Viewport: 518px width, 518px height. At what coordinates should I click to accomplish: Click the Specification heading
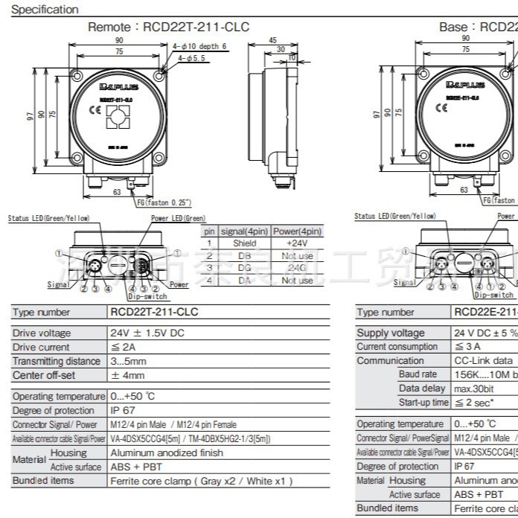(x=45, y=10)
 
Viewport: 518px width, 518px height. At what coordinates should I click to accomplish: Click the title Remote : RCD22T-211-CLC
(x=168, y=27)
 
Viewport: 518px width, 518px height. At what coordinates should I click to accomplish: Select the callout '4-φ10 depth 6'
(x=199, y=46)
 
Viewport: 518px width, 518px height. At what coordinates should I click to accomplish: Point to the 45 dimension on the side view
(x=272, y=40)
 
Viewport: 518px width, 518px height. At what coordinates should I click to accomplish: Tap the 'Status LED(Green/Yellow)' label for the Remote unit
(x=48, y=218)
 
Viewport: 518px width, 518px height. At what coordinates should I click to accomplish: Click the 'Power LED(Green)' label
(x=178, y=218)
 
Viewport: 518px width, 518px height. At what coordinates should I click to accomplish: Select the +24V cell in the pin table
(x=297, y=243)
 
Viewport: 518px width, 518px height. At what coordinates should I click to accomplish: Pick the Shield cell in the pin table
(x=244, y=243)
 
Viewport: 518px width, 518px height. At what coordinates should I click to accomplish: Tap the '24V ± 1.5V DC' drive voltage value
(x=147, y=333)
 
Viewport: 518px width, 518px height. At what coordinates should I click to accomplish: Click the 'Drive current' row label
(x=41, y=347)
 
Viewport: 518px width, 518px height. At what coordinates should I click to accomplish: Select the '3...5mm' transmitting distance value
(x=127, y=361)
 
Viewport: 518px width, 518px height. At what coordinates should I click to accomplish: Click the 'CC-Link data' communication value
(x=483, y=360)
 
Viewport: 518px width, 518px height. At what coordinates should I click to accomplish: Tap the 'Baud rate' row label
(x=418, y=374)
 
